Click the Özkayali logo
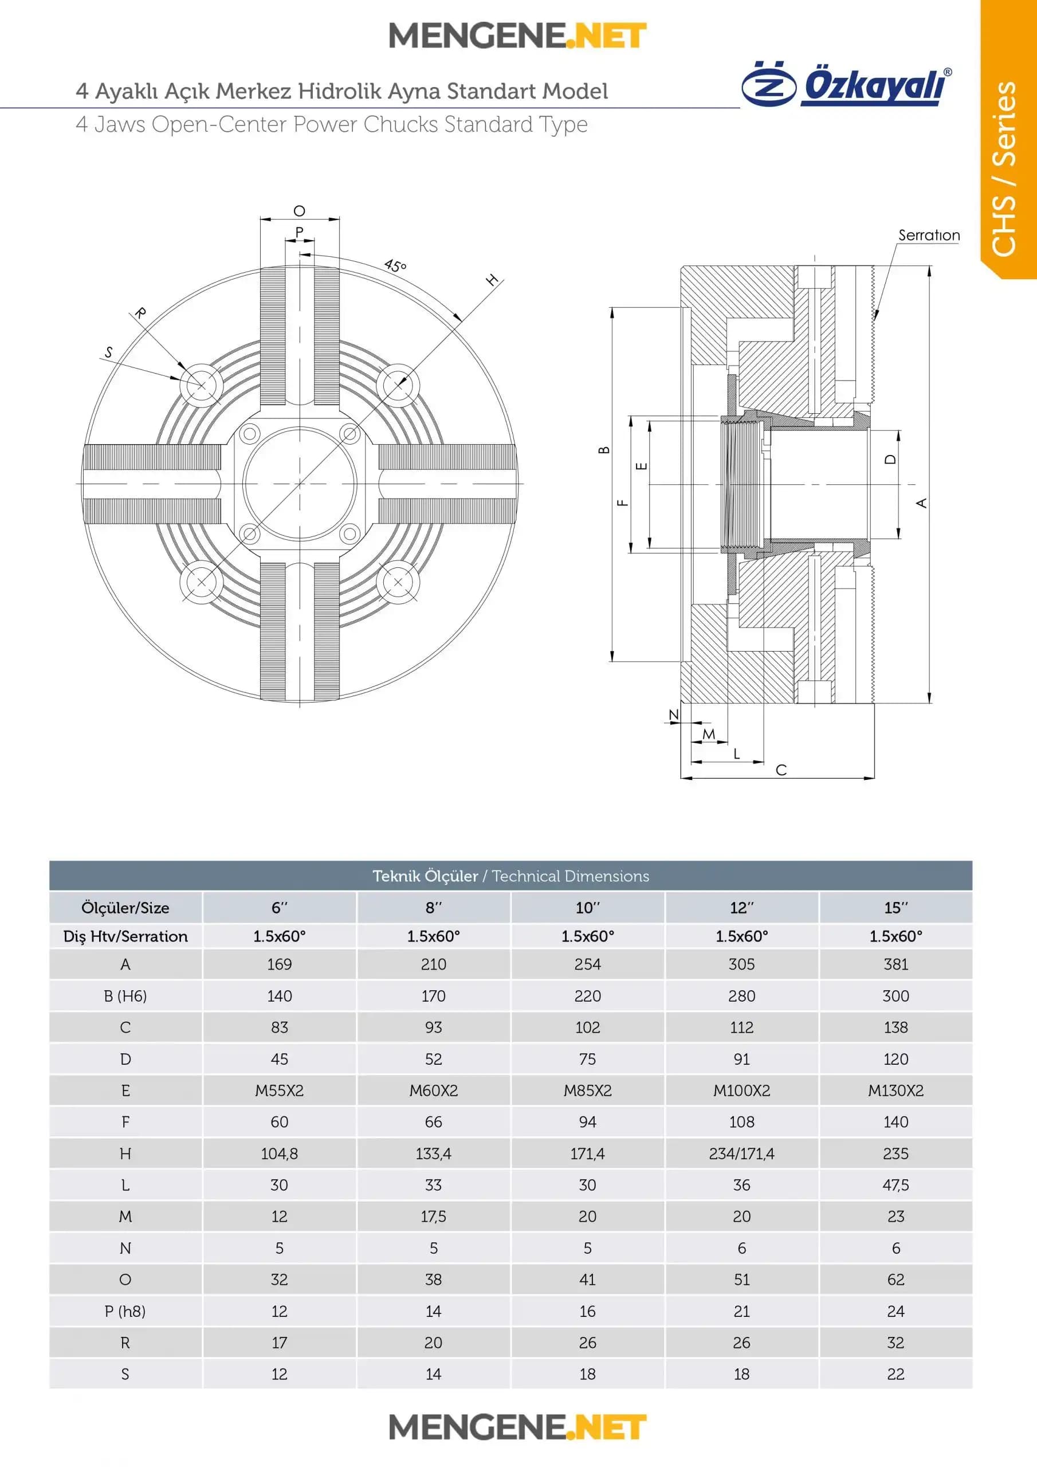tap(847, 84)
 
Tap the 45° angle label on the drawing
tap(395, 266)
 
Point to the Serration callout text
tap(928, 235)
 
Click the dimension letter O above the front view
tap(299, 211)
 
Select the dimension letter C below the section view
tap(781, 770)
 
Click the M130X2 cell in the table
tap(895, 1090)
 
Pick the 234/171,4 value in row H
tap(741, 1154)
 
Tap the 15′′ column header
tap(895, 907)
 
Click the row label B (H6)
tap(125, 995)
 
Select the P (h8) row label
tap(125, 1311)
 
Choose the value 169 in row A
tap(279, 964)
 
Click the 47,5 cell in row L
tap(895, 1185)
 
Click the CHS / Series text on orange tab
tap(1004, 169)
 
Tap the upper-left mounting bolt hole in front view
tap(201, 385)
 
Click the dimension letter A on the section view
tap(921, 503)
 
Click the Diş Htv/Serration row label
tap(125, 936)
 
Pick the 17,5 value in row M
tap(433, 1217)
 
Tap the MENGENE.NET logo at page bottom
tap(517, 1427)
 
